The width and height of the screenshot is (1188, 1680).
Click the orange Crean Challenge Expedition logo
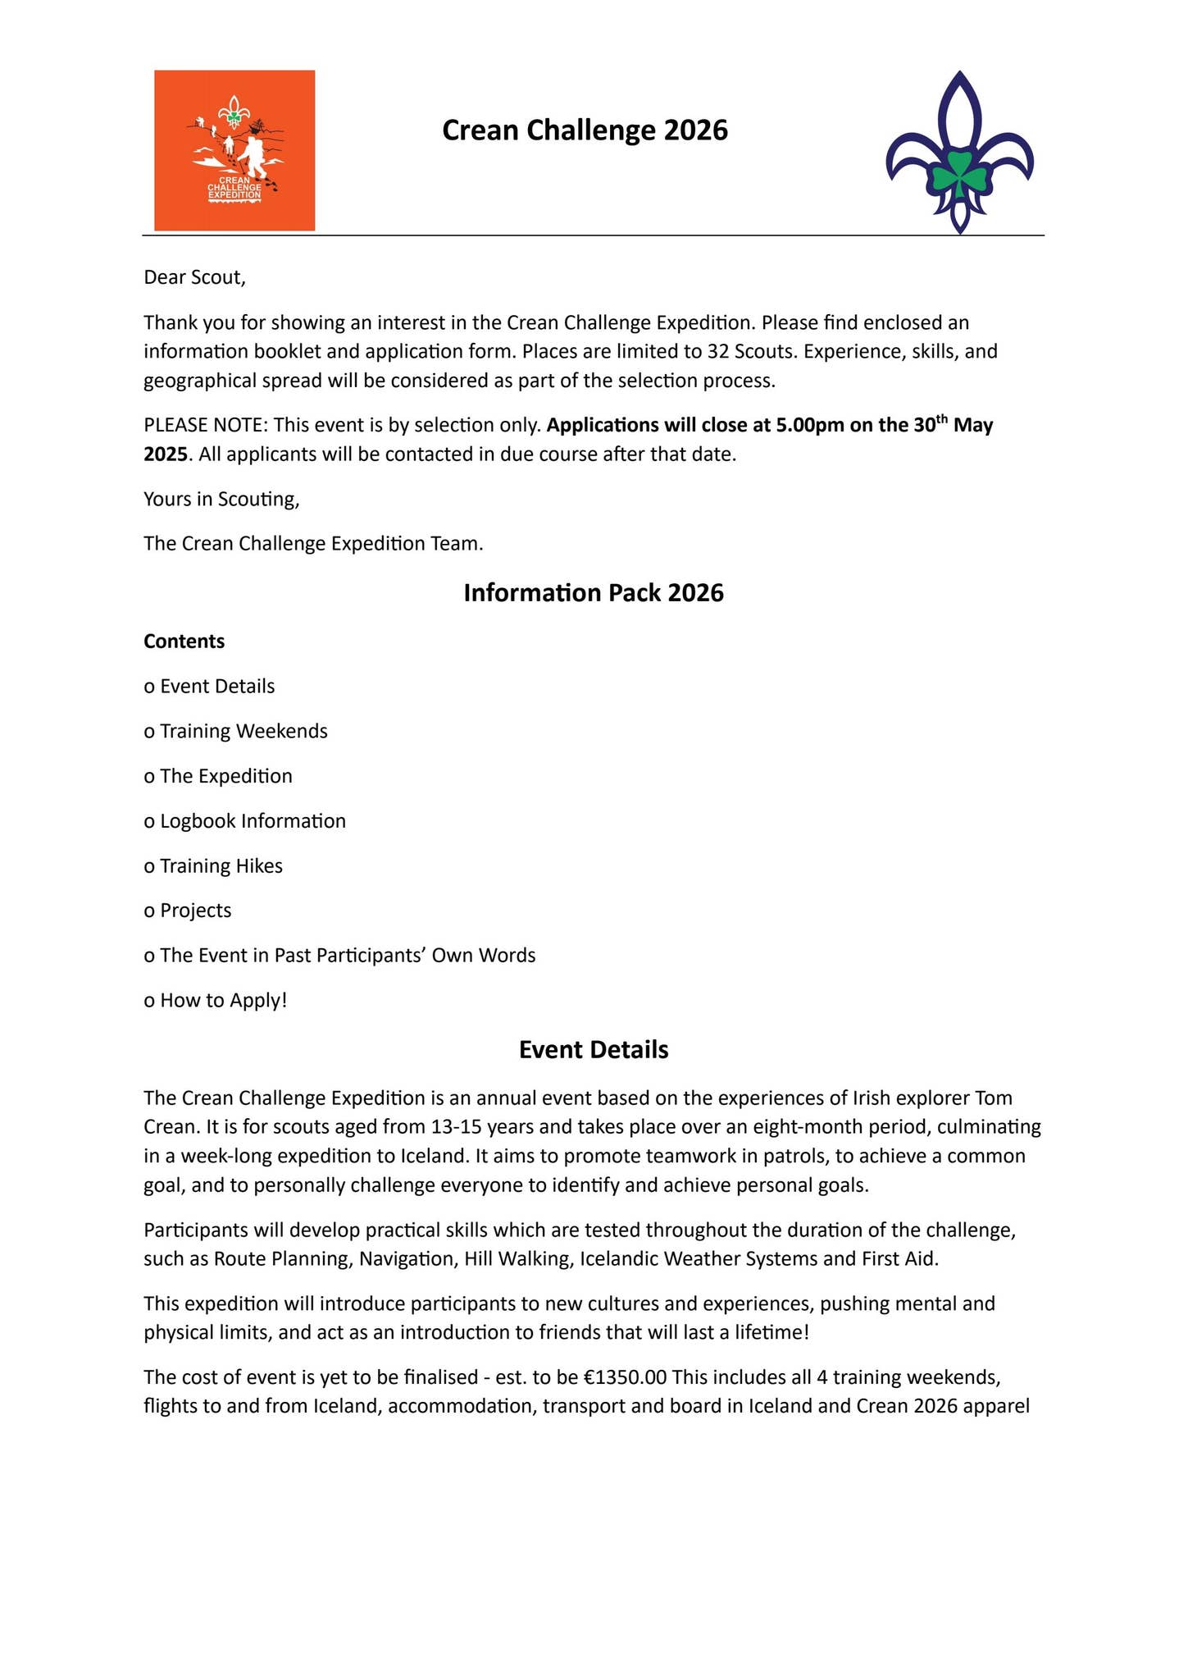234,150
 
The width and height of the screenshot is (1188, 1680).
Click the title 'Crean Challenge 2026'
585,130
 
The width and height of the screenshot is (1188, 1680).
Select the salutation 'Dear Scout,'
194,277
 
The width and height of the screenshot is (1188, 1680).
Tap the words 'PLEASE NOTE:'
206,425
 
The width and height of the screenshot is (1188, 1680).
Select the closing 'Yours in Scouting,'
221,499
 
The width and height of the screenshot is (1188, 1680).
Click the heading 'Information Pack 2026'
594,592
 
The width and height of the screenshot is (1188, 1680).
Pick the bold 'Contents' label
184,641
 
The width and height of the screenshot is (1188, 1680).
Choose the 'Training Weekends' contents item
244,731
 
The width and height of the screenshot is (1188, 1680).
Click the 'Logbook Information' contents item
253,821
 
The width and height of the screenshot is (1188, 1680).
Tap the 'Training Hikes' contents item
221,866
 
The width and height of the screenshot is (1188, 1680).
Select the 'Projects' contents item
196,911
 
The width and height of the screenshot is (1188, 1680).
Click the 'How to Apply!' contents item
224,1001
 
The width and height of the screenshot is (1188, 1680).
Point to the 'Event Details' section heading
594,1050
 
